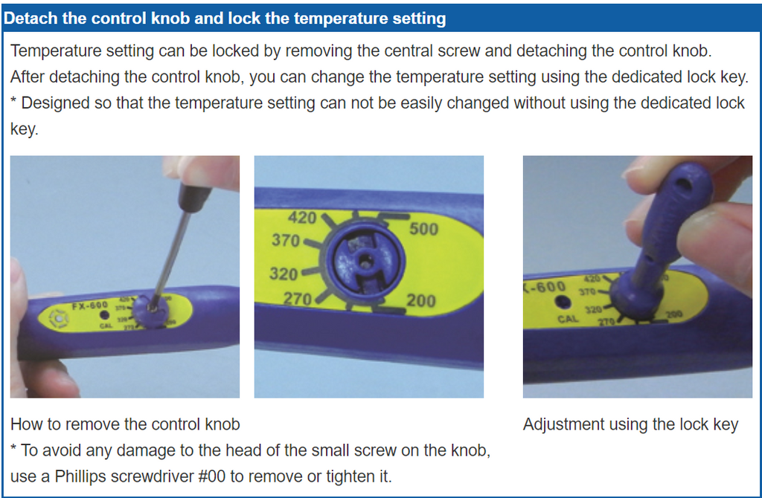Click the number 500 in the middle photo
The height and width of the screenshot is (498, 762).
coord(423,229)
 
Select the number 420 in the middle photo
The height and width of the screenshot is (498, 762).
coord(301,218)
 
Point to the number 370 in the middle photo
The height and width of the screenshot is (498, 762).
coord(285,241)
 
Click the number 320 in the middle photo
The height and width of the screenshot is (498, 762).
coord(283,274)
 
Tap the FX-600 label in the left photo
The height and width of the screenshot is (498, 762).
coord(89,305)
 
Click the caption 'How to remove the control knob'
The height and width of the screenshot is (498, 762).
coord(125,425)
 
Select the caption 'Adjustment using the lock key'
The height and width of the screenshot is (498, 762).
coord(630,425)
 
